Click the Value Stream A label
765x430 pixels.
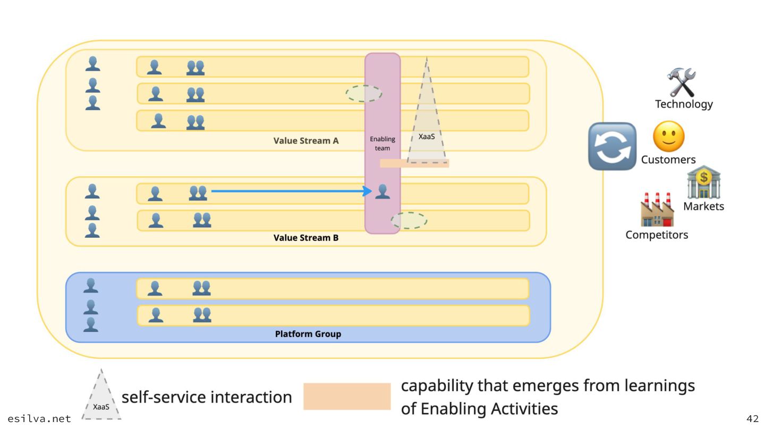tap(306, 141)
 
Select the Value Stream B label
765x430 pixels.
tap(306, 238)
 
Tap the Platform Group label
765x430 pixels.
tap(308, 334)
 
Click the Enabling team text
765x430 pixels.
tap(382, 143)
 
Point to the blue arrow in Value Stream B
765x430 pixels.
tap(290, 191)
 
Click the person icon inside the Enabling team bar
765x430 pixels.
tap(382, 191)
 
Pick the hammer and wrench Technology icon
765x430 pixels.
tap(682, 82)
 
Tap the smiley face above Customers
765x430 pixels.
tap(668, 136)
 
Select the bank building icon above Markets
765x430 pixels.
tap(703, 183)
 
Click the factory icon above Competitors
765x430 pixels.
tap(657, 210)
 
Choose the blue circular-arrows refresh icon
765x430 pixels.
tap(612, 147)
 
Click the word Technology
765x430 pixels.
tap(684, 104)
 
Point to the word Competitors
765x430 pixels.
tap(657, 235)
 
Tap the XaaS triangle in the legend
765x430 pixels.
tap(101, 398)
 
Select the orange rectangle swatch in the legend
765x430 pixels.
tap(347, 397)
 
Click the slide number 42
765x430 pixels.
tap(752, 418)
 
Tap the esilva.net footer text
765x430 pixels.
tap(39, 418)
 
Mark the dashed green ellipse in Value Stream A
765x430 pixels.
tap(364, 93)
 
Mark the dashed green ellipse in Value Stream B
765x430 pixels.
tap(409, 220)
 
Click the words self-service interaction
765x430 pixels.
tap(207, 397)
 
